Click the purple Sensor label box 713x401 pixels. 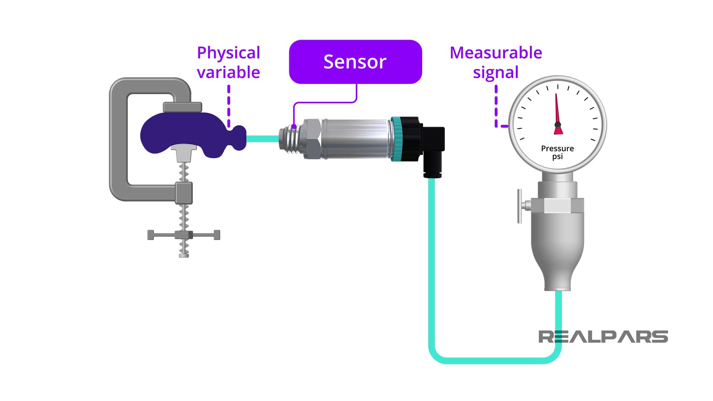355,62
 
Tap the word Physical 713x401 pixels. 228,53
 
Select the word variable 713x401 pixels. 228,72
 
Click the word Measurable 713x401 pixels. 496,53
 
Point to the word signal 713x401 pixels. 496,73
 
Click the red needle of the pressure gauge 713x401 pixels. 557,111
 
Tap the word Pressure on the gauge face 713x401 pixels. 557,149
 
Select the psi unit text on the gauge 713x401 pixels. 557,157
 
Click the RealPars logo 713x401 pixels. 603,337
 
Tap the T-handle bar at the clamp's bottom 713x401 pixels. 184,235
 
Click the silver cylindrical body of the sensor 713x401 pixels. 356,139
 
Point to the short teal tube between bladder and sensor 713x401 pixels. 262,139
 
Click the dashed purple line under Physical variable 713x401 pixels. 229,106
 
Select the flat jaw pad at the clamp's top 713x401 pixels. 182,107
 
